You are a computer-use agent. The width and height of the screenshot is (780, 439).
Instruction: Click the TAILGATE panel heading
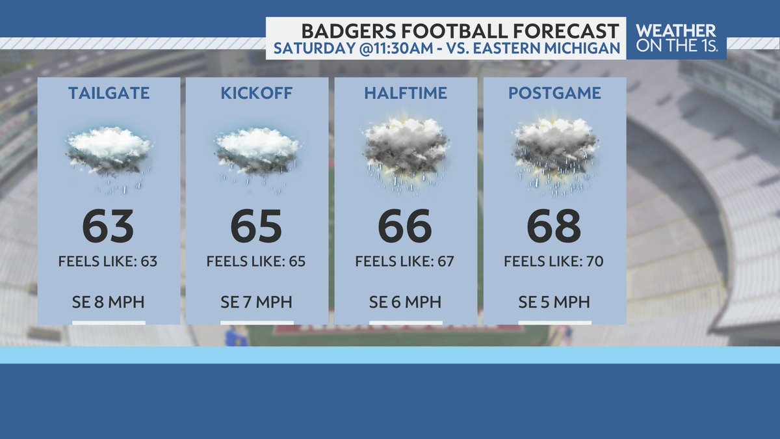109,93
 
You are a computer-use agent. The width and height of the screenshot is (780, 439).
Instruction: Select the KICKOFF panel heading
257,93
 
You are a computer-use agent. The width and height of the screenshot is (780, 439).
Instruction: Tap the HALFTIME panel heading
406,93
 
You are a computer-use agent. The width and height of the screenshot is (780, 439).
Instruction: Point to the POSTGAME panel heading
554,93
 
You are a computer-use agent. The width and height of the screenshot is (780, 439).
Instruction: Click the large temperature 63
108,226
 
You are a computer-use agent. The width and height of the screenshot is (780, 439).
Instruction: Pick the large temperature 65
256,226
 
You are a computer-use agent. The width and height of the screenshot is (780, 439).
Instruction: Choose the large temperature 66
405,226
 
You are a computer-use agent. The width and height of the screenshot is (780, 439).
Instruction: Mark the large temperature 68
554,226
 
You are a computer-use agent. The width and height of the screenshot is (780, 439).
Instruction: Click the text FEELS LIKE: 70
554,261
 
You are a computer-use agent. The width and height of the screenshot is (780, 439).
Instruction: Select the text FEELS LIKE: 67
404,261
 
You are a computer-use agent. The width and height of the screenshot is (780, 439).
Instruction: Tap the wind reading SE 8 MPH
108,302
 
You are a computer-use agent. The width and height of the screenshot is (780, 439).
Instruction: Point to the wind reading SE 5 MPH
554,302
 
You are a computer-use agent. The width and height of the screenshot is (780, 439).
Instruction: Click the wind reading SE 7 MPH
256,302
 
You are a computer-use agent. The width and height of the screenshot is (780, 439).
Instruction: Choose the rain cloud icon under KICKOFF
257,159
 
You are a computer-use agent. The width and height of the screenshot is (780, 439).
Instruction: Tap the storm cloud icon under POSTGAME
555,155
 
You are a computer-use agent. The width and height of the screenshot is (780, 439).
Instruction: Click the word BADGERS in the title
348,31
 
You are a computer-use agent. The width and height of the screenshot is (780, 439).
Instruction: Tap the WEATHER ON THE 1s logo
676,38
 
